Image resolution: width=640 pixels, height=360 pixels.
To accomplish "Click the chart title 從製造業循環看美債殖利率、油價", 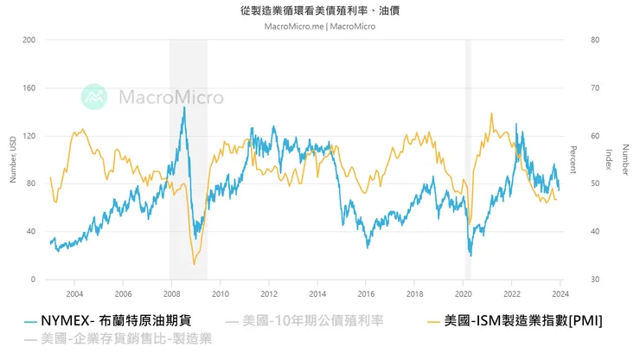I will (320, 11).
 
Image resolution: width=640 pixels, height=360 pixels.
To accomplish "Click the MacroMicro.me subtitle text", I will (320, 26).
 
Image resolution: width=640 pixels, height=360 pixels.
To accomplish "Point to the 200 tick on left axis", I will (29, 40).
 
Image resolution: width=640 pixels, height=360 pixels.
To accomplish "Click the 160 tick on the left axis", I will (29, 87).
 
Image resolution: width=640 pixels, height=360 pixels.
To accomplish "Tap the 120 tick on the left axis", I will (29, 136).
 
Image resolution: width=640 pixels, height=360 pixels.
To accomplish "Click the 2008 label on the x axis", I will (171, 293).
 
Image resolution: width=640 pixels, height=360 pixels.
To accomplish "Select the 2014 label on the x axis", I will (317, 293).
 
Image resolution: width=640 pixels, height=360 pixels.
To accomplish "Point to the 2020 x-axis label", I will (464, 293).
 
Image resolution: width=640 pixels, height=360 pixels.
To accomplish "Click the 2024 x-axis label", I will (560, 293).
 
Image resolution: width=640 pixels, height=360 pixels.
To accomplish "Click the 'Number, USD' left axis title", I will (12, 160).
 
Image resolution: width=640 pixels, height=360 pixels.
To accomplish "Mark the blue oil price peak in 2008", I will (183, 107).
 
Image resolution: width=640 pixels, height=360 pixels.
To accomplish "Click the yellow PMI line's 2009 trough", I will (194, 263).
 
